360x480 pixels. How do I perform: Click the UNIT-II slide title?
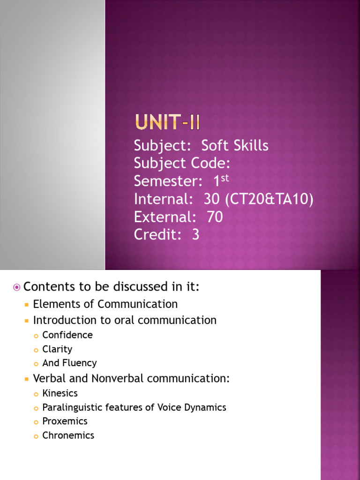[x=167, y=123]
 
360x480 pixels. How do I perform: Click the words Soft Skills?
[x=234, y=146]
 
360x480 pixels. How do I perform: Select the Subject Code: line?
[x=182, y=164]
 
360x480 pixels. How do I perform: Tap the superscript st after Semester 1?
[x=225, y=178]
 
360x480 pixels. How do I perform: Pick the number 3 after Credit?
[x=195, y=235]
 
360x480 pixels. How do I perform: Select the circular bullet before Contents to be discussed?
[x=17, y=287]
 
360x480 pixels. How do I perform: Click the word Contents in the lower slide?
[x=46, y=286]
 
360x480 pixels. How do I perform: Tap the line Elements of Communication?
[x=105, y=304]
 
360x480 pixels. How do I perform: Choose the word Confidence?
[x=67, y=335]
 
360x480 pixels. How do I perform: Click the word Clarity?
[x=57, y=349]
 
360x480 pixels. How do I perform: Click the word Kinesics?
[x=60, y=393]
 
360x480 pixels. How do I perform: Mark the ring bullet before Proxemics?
[x=36, y=422]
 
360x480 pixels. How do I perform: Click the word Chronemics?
[x=68, y=435]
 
